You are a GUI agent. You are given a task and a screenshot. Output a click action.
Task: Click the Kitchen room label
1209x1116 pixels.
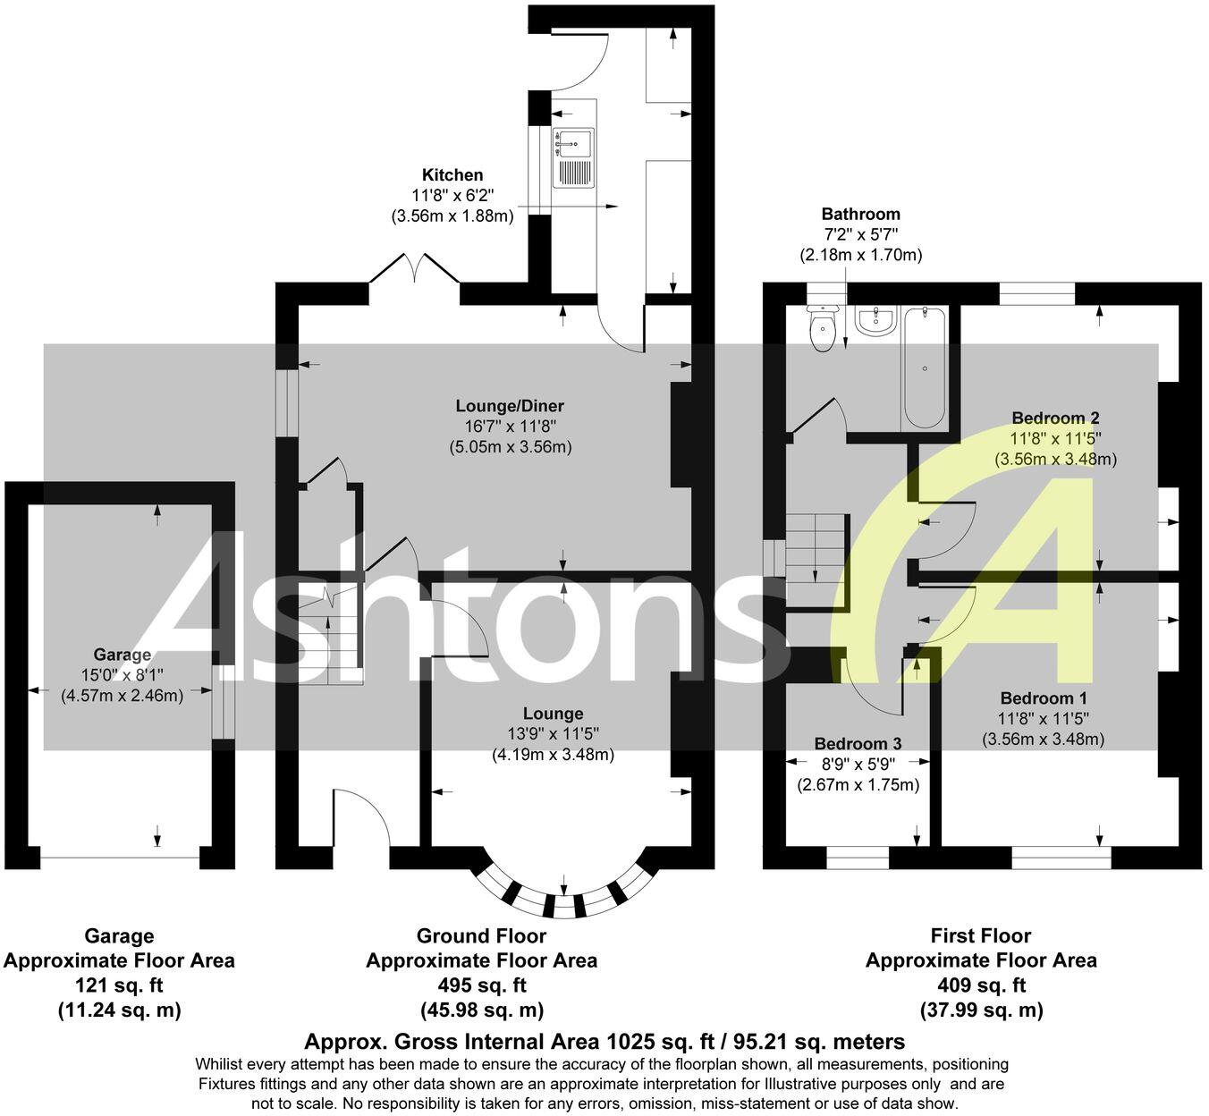point(452,175)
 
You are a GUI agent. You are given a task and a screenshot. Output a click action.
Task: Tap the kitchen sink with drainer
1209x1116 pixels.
point(573,158)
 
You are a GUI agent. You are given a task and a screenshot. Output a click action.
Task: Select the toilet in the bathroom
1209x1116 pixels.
point(821,329)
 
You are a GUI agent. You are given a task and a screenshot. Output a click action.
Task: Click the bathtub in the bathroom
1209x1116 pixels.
point(924,368)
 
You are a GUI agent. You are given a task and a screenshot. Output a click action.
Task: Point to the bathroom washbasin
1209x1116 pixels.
point(875,321)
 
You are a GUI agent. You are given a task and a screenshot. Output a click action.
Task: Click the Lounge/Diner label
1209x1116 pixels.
point(510,406)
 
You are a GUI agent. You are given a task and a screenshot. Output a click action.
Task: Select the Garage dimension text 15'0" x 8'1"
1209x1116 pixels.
point(122,674)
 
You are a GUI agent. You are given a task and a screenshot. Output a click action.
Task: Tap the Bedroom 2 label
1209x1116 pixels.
point(1055,418)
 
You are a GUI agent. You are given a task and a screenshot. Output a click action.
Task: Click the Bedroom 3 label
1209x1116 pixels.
point(858,743)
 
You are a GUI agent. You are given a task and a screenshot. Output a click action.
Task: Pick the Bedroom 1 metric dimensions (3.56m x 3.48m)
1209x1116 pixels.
point(1043,740)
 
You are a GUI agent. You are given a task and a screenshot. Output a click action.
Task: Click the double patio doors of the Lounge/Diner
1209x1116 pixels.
point(415,270)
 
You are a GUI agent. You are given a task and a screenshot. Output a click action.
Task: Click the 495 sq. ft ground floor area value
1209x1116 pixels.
point(481,985)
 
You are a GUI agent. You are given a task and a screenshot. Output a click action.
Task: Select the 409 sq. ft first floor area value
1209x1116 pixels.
point(981,985)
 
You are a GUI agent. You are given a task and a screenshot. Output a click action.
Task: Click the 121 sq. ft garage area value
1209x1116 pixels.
point(119,985)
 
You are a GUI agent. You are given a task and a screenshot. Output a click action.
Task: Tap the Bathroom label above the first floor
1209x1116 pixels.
point(860,214)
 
